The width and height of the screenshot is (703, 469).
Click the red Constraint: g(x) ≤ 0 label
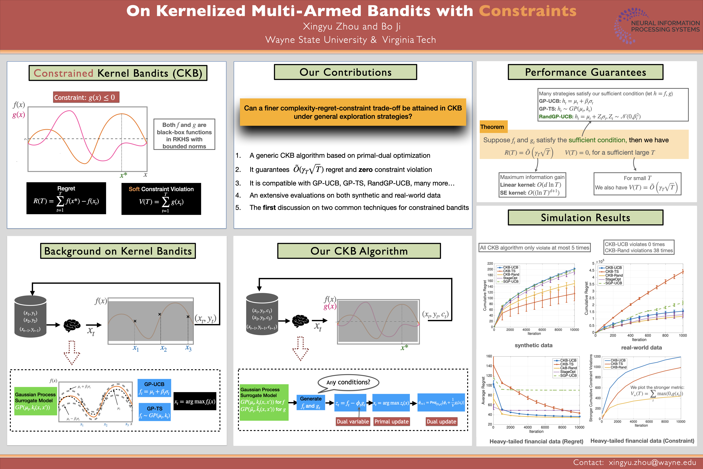pos(86,97)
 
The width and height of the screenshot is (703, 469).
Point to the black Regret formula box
pos(66,198)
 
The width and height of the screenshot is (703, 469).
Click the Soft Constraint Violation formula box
pos(161,199)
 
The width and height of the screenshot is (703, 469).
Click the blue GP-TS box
pos(155,412)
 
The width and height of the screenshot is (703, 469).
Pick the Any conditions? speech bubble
pos(348,383)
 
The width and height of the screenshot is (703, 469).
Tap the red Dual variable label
pos(353,421)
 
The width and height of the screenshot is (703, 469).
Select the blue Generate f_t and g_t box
pos(311,402)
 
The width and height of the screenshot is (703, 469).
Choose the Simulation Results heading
pos(585,217)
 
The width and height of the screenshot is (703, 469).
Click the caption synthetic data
pos(534,345)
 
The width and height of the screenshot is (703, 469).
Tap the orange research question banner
pos(353,112)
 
